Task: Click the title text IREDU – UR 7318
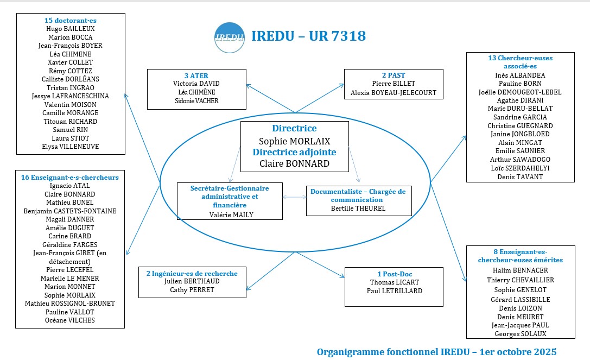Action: click(x=308, y=36)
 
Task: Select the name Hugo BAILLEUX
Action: click(x=71, y=29)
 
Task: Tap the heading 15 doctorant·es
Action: click(x=71, y=20)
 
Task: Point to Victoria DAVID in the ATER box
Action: click(x=196, y=84)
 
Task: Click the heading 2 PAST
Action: click(x=394, y=75)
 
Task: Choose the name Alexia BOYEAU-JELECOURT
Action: click(x=394, y=93)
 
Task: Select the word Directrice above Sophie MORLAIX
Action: click(x=294, y=129)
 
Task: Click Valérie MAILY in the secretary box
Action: click(x=231, y=214)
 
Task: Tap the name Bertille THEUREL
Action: click(x=358, y=208)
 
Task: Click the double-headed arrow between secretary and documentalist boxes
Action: click(x=294, y=198)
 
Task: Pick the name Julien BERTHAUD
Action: click(x=188, y=281)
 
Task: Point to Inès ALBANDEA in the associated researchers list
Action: click(x=521, y=75)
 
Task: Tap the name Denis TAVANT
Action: click(x=521, y=176)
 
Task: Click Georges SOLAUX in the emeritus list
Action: click(x=521, y=334)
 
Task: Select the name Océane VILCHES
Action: click(x=69, y=320)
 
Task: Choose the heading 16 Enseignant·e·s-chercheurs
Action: click(x=69, y=177)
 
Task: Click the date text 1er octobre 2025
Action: click(x=518, y=351)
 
